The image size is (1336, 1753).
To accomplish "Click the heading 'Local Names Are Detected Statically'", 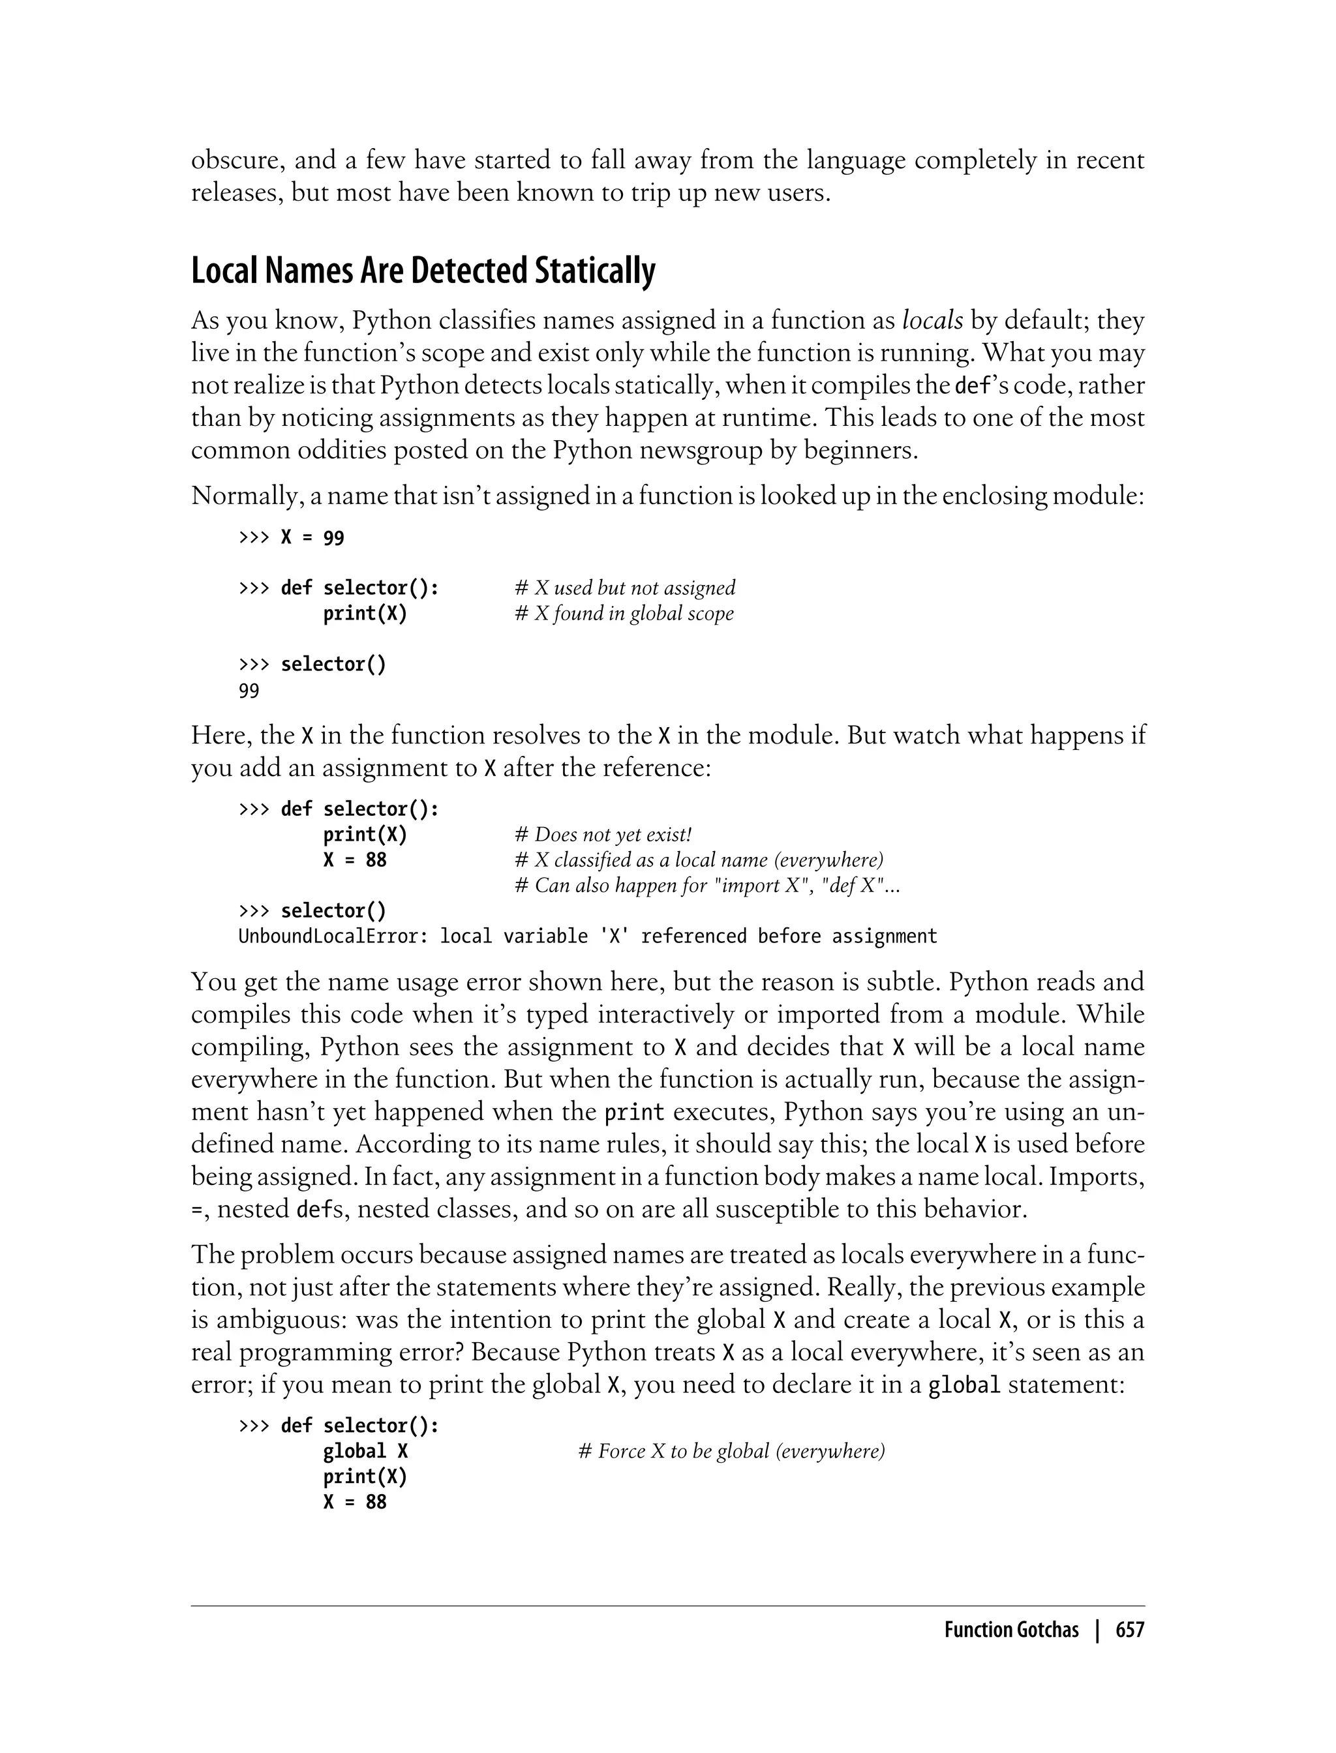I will point(423,271).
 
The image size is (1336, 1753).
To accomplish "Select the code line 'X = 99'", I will point(312,538).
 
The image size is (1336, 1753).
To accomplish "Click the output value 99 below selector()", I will point(249,691).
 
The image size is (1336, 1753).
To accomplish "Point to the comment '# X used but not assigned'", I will point(625,588).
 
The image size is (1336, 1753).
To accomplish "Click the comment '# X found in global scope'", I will point(624,613).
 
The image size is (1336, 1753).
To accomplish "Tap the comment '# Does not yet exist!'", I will point(603,834).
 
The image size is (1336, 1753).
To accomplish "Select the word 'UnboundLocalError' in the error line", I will point(328,936).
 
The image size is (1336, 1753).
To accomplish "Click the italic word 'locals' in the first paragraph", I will point(932,320).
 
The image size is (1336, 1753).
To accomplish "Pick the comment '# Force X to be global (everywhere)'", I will point(731,1451).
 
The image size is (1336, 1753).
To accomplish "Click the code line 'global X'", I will point(365,1451).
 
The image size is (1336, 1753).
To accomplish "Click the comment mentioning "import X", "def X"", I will point(708,885).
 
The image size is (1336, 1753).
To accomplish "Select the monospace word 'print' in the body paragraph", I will point(634,1112).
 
